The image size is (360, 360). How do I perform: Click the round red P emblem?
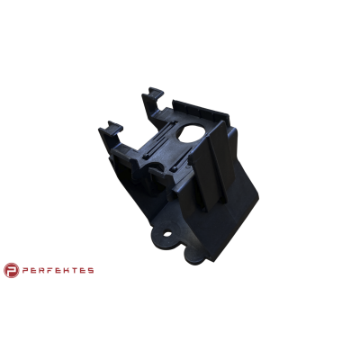point(11,270)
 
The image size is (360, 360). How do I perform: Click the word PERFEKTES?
point(58,271)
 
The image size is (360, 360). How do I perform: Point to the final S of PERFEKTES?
point(90,271)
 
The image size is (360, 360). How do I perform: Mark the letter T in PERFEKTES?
point(74,271)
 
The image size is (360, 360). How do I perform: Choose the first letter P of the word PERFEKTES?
point(25,271)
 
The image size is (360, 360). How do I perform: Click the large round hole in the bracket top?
point(193,133)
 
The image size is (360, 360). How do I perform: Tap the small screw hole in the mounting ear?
point(167,234)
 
